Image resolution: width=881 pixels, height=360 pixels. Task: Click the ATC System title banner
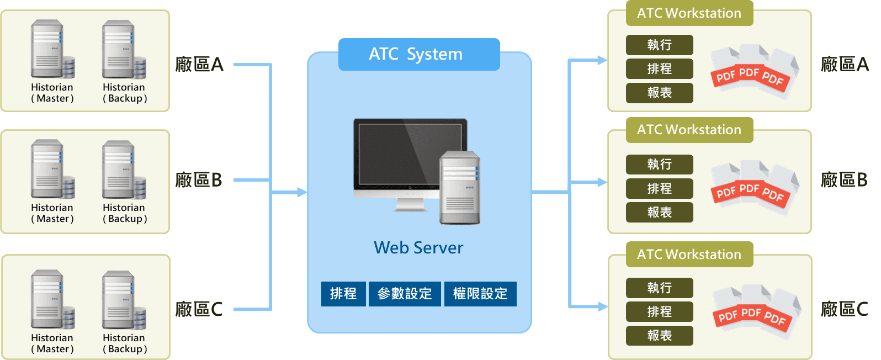click(x=418, y=54)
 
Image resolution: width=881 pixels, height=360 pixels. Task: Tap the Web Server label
click(x=418, y=247)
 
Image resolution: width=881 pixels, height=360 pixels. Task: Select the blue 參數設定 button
click(x=405, y=294)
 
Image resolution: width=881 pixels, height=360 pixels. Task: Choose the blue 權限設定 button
click(x=480, y=294)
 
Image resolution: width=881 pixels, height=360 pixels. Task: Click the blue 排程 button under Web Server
click(x=343, y=294)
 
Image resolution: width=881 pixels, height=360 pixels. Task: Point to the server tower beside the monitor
click(x=460, y=188)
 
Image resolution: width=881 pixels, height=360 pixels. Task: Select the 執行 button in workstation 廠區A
click(x=659, y=45)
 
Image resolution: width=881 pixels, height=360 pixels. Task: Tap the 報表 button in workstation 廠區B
click(x=659, y=212)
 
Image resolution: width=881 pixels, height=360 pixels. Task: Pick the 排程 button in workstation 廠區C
click(x=659, y=311)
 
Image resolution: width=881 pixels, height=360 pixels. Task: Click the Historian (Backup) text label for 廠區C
click(x=125, y=343)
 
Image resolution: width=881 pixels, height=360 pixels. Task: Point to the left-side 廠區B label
click(x=199, y=180)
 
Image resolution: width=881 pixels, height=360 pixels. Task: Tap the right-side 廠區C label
click(x=844, y=309)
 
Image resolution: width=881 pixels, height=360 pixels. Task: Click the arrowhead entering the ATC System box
click(x=302, y=192)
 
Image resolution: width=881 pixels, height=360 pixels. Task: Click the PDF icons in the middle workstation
click(x=754, y=188)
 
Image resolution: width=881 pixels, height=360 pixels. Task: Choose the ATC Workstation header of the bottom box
click(x=689, y=254)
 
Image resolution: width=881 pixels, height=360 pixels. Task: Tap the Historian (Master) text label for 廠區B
click(x=52, y=213)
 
